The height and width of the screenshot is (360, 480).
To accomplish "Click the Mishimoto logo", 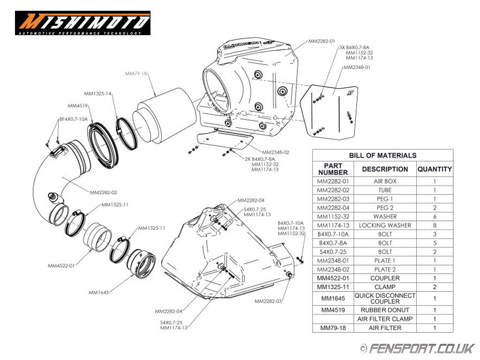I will [x=82, y=23].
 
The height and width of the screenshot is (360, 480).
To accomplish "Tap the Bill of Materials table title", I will [x=382, y=155].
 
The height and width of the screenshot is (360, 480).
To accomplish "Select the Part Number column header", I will [x=333, y=169].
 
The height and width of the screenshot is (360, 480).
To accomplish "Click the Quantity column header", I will [x=435, y=169].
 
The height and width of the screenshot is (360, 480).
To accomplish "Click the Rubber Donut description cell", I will [x=385, y=310].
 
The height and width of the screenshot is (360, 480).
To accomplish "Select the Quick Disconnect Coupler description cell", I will [x=385, y=298].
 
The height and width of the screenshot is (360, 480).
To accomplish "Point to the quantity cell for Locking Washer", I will [x=435, y=225].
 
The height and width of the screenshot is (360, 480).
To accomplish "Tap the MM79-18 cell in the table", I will [x=333, y=328].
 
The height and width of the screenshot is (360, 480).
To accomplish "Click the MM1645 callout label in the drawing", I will [x=98, y=292].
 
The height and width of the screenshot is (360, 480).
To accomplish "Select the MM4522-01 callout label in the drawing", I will [x=61, y=266].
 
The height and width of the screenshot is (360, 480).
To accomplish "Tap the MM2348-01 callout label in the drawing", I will [x=357, y=67].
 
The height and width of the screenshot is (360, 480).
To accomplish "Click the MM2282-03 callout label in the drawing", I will [x=269, y=301].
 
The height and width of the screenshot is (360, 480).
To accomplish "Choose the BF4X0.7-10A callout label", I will [x=73, y=120].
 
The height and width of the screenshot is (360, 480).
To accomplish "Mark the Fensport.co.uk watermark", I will [x=417, y=349].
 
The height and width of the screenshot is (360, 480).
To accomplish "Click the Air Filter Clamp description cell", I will [x=385, y=319].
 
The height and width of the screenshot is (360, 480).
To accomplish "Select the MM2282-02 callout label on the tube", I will [x=104, y=192].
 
